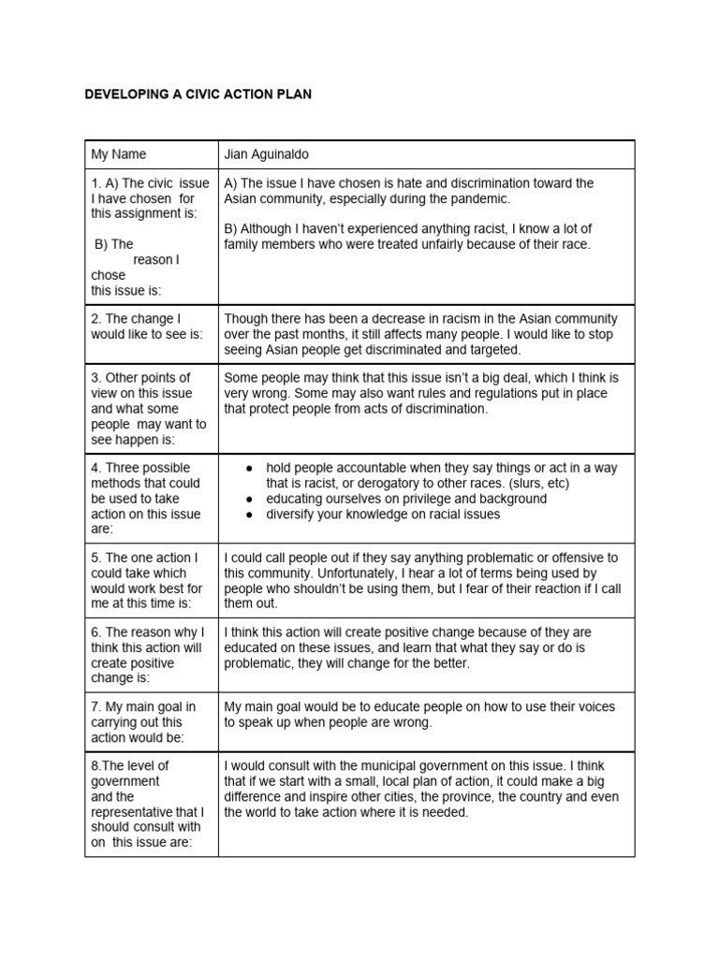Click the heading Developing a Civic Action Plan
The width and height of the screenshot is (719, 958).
(x=198, y=94)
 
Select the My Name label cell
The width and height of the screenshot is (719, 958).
(x=119, y=154)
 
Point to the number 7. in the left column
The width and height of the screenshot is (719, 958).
(x=96, y=707)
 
